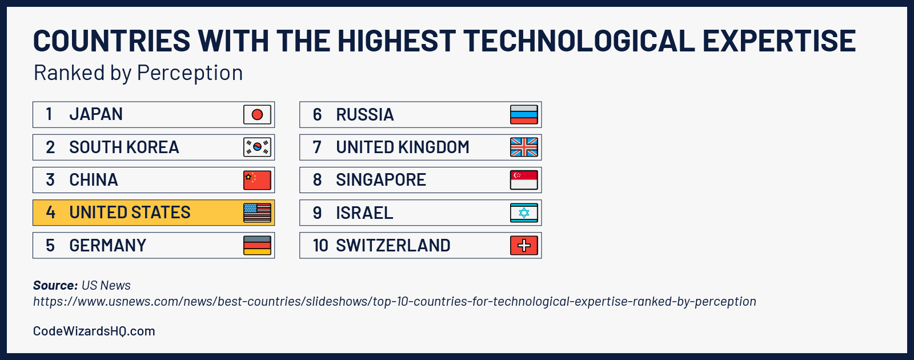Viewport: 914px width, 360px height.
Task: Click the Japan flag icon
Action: point(257,115)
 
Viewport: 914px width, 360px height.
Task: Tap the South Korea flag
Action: point(257,147)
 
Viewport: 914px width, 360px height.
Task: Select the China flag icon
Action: point(257,180)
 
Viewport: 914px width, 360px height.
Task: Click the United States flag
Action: point(257,213)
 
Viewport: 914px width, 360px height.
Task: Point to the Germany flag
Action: point(257,245)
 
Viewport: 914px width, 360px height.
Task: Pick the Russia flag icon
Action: point(524,115)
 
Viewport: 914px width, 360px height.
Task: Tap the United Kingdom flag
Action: point(524,147)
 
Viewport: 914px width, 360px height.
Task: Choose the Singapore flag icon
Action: point(524,180)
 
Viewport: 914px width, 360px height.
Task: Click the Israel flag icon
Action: point(524,213)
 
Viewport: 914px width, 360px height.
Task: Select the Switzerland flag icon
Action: point(524,246)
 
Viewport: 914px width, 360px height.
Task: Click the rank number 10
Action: point(320,246)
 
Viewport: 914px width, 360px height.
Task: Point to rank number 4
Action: point(50,213)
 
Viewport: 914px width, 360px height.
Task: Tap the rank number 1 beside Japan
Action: point(49,114)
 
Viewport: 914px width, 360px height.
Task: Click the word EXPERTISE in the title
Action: point(779,41)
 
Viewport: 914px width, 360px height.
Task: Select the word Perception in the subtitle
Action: point(190,73)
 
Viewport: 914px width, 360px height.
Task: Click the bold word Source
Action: point(55,285)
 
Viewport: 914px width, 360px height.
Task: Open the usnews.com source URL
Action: point(394,301)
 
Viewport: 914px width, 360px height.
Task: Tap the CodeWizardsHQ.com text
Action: point(94,331)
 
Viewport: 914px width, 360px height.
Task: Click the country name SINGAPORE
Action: point(380,180)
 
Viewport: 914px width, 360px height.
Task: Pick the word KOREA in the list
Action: point(153,147)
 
